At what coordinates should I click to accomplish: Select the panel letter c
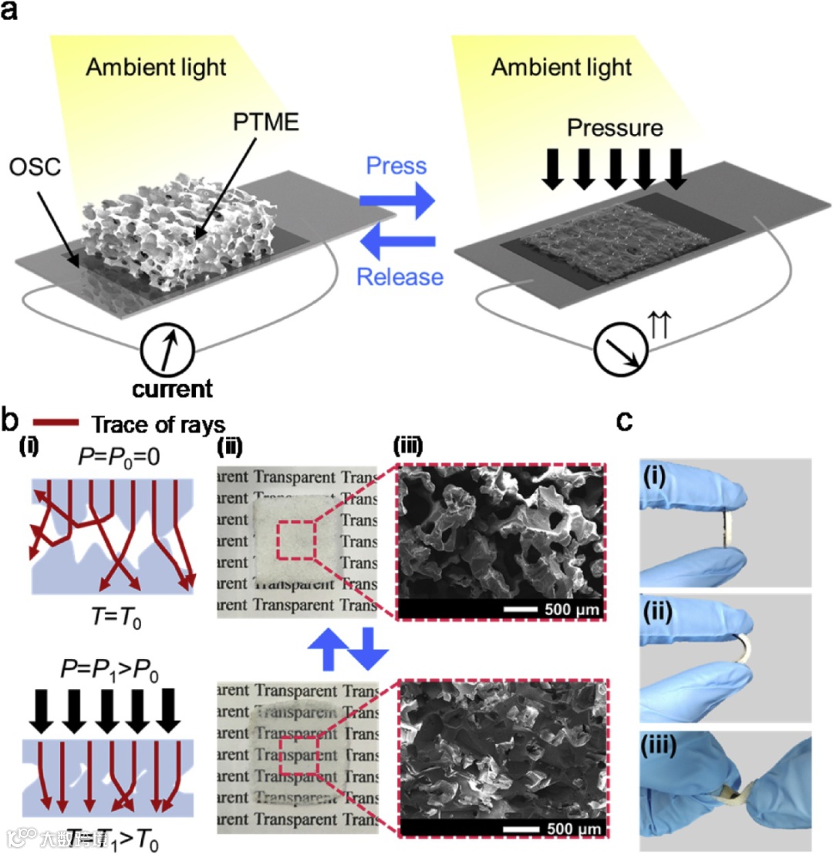626,422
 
